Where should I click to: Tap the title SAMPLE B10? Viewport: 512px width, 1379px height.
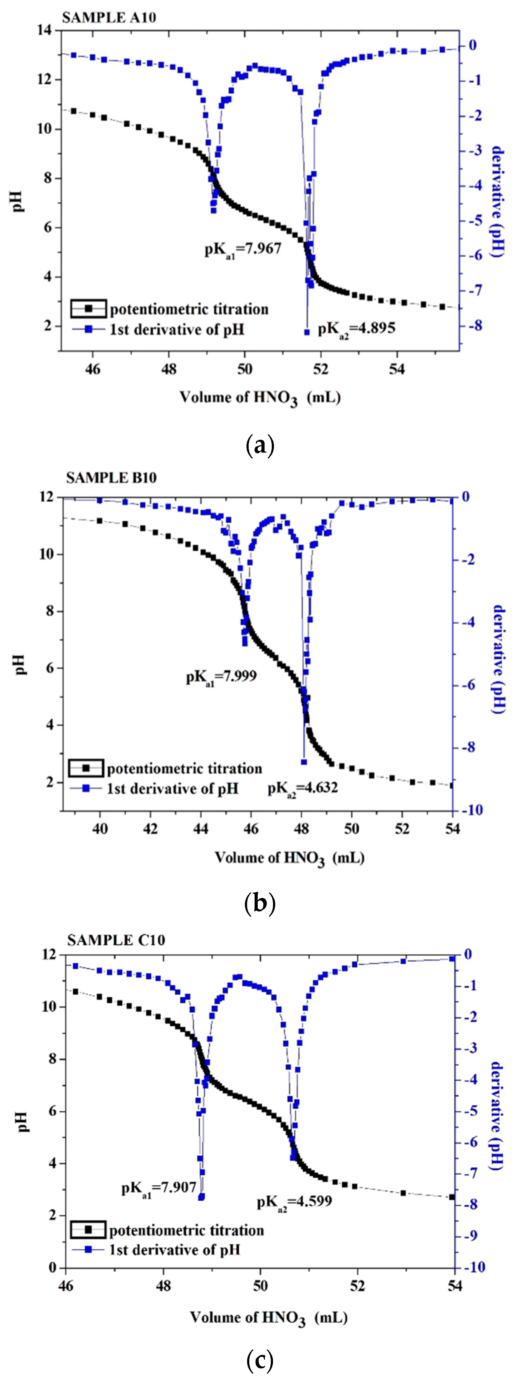coord(111,478)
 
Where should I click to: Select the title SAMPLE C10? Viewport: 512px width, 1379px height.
coord(115,940)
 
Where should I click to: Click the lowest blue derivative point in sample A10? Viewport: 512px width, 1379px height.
coord(307,332)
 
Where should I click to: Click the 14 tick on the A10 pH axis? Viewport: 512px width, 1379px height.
coord(45,31)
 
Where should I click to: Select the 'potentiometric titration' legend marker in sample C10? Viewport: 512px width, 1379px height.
coord(89,1230)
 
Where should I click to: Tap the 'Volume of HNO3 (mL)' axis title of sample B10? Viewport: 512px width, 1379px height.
coord(290,858)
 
